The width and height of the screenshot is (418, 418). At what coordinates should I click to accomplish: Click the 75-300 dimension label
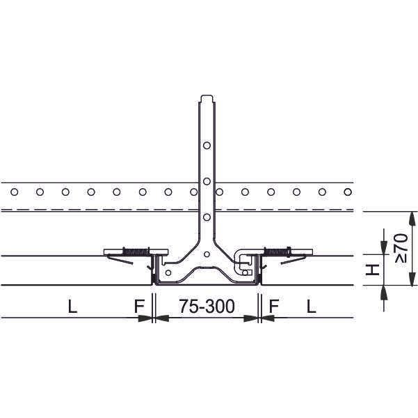pos(207,306)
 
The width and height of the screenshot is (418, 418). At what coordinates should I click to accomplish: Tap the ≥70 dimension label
pos(401,248)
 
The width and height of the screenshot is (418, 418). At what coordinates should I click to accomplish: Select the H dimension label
pos(372,270)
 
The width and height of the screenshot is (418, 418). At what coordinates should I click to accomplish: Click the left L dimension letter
pos(73,307)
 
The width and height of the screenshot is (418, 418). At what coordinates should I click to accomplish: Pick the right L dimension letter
pos(312,307)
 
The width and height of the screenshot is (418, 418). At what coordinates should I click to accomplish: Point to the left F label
pos(139,307)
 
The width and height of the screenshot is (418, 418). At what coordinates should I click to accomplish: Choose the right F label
pos(274,307)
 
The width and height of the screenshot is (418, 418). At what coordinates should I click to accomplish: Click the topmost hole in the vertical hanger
pos(207,146)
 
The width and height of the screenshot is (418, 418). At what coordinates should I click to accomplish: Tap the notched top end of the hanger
pos(207,98)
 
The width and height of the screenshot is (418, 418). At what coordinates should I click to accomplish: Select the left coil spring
pos(136,251)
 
